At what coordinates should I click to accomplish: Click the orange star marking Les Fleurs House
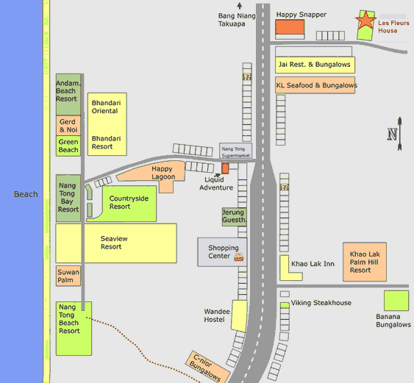[365, 19]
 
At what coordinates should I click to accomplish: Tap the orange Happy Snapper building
[290, 27]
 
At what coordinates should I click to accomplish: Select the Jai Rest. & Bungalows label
[314, 65]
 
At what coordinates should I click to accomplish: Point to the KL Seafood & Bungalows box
[315, 85]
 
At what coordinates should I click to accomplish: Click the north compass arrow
[399, 134]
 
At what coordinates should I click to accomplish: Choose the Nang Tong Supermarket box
[235, 151]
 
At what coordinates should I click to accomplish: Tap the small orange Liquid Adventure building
[225, 168]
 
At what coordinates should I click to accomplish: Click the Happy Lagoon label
[163, 173]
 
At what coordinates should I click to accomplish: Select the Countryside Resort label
[129, 202]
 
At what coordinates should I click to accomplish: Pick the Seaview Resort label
[114, 243]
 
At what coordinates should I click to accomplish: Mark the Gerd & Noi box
[68, 126]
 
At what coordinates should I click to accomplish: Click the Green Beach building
[68, 146]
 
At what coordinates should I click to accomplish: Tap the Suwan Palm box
[68, 276]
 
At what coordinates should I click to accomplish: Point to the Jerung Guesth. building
[234, 217]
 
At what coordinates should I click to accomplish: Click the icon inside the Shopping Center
[239, 257]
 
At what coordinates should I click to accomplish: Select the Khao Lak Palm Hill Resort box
[365, 262]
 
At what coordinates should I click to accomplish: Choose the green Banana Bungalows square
[396, 301]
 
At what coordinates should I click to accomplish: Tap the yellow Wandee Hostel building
[239, 315]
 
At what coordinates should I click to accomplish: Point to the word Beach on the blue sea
[26, 194]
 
